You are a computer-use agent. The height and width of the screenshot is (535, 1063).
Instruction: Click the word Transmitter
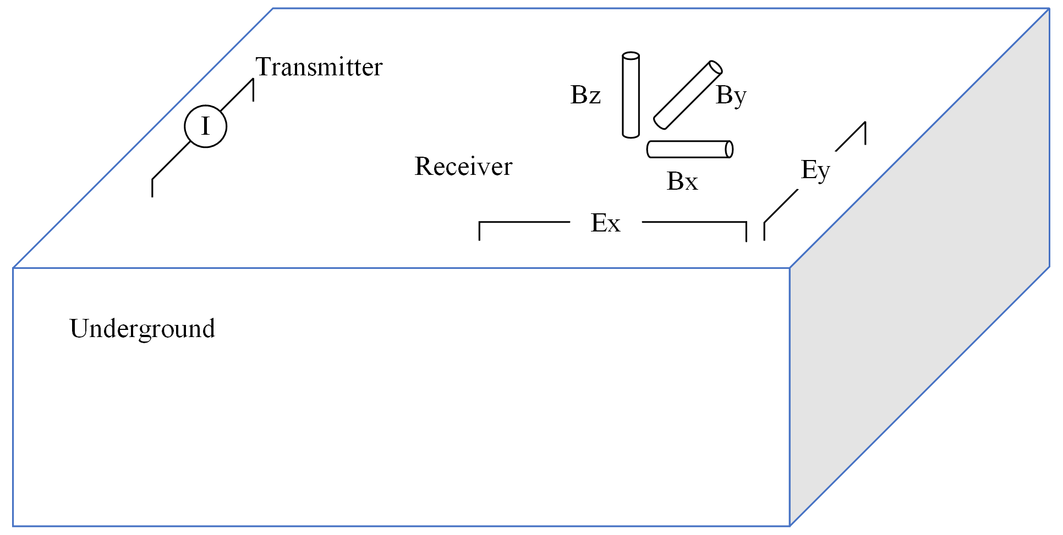(319, 67)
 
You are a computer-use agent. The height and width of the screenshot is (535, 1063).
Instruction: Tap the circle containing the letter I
(205, 126)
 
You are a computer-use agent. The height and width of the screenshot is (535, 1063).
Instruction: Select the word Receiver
(463, 167)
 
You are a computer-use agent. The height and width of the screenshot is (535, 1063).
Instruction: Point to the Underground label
(142, 329)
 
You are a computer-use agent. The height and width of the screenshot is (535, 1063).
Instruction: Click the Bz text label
(585, 95)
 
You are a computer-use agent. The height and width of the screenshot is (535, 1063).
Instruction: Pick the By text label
(731, 96)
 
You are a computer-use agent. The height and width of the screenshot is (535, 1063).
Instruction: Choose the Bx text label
(682, 181)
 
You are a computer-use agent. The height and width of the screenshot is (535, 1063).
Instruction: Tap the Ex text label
(605, 223)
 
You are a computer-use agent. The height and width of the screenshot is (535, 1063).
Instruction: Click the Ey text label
(815, 170)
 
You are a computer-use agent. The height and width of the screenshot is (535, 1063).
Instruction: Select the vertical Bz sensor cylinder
(631, 95)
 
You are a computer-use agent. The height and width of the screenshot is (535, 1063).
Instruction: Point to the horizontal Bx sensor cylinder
(689, 150)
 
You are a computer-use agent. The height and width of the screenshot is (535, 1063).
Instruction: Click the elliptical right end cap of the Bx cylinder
(729, 150)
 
